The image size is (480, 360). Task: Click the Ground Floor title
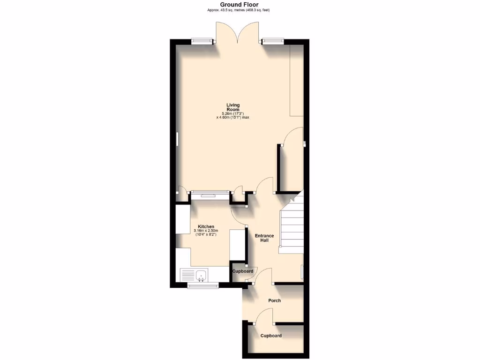[x=239, y=5]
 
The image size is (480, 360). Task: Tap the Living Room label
[x=232, y=107]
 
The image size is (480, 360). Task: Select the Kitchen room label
[x=206, y=226]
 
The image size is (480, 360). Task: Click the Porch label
[x=274, y=300]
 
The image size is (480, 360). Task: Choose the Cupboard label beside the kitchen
[x=243, y=271]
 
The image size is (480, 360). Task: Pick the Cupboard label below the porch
[x=271, y=336]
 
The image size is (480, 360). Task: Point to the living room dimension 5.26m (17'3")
[x=232, y=113]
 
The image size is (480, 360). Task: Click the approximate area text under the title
[x=239, y=10]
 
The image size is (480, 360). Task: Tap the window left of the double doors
[x=202, y=41]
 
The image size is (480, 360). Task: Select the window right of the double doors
[x=273, y=41]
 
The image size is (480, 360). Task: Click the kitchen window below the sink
[x=202, y=285]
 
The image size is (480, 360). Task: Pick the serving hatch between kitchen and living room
[x=210, y=192]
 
